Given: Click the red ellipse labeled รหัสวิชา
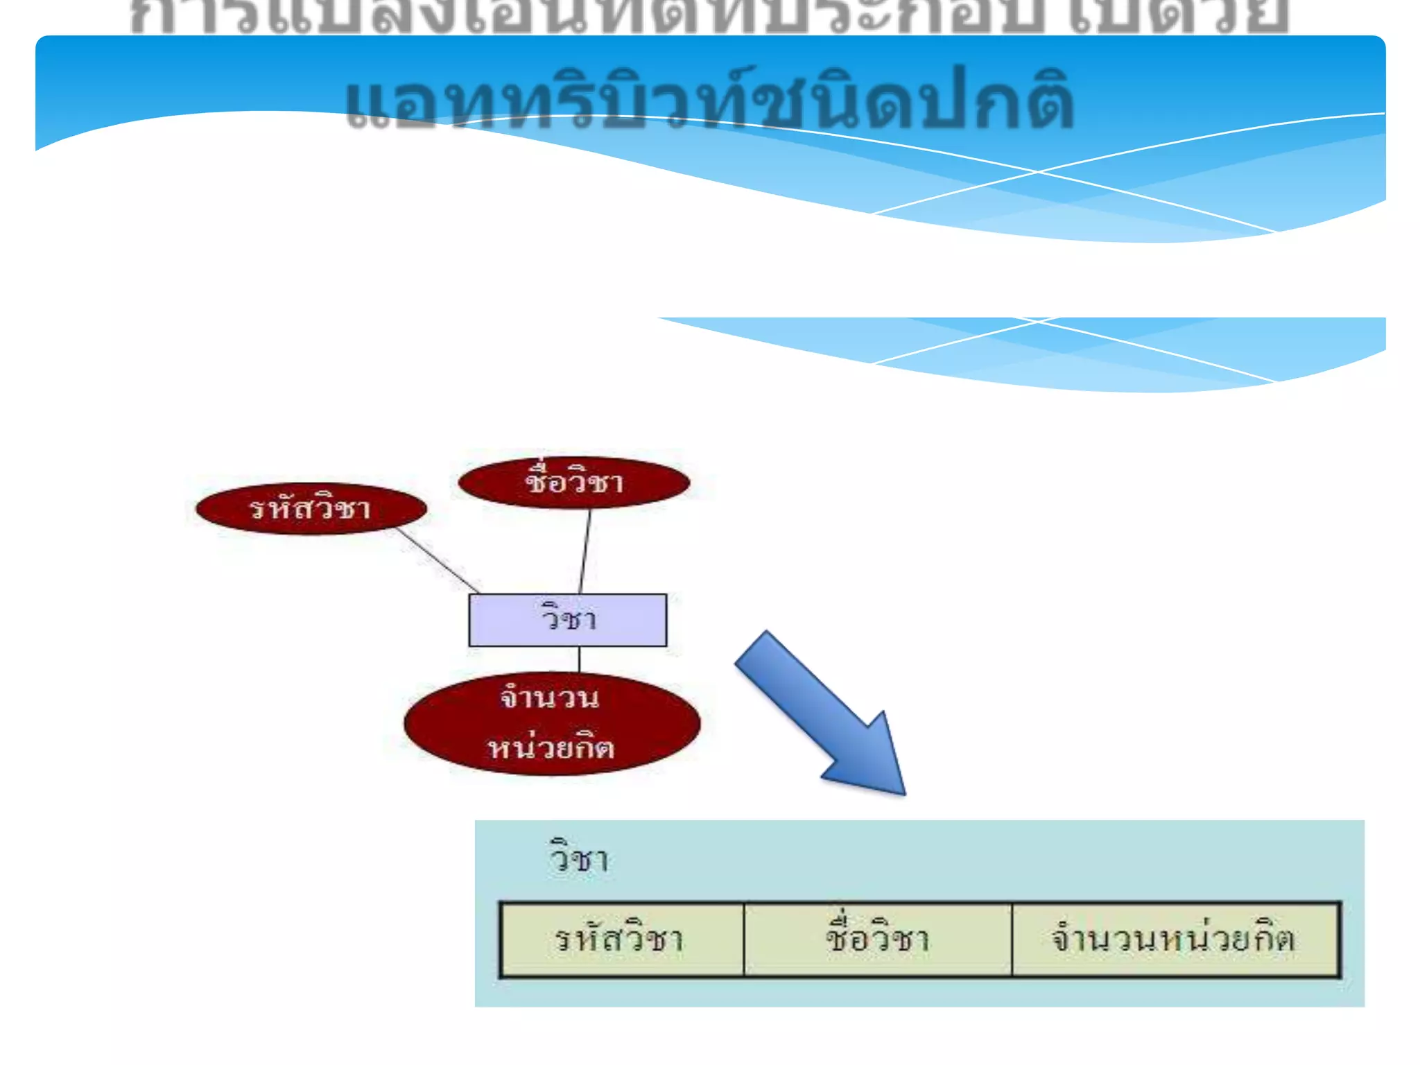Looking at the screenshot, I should (x=311, y=509).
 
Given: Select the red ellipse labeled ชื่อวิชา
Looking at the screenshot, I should (x=574, y=483).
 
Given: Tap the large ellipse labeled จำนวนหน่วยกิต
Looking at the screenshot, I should (x=552, y=723).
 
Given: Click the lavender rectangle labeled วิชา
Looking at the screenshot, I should (x=568, y=620).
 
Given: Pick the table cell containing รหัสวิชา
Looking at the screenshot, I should (x=621, y=940).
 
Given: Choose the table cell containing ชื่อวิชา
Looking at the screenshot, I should (x=878, y=940).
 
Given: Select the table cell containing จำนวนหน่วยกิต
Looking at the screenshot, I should (x=1176, y=940).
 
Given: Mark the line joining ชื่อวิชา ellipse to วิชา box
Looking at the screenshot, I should (x=585, y=551).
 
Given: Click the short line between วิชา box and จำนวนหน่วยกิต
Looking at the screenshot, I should (x=580, y=659).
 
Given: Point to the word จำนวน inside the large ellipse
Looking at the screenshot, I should (x=549, y=698).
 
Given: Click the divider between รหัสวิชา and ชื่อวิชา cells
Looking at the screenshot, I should (x=744, y=940).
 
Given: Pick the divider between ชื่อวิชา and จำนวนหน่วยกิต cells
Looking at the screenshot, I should (x=1012, y=940).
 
